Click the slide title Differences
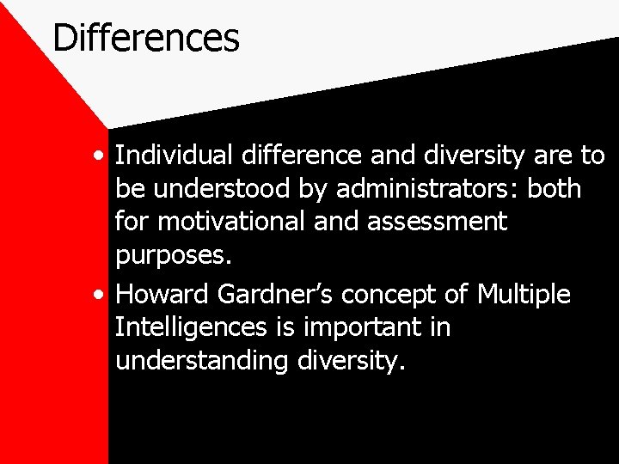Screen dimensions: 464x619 pos(145,39)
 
